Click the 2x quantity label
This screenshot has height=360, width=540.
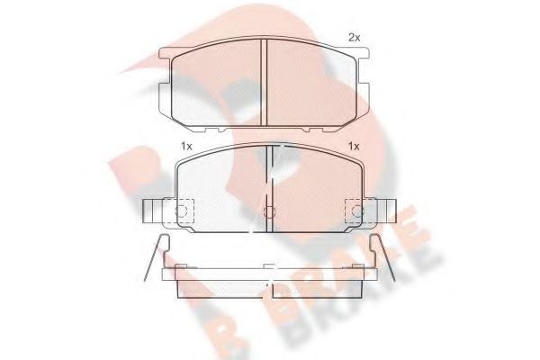[354, 38]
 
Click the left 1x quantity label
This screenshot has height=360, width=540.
[186, 147]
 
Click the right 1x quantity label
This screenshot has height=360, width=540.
[354, 147]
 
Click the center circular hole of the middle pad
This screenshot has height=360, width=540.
[269, 212]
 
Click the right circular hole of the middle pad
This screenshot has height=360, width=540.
[358, 212]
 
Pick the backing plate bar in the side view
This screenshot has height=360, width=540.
[269, 273]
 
